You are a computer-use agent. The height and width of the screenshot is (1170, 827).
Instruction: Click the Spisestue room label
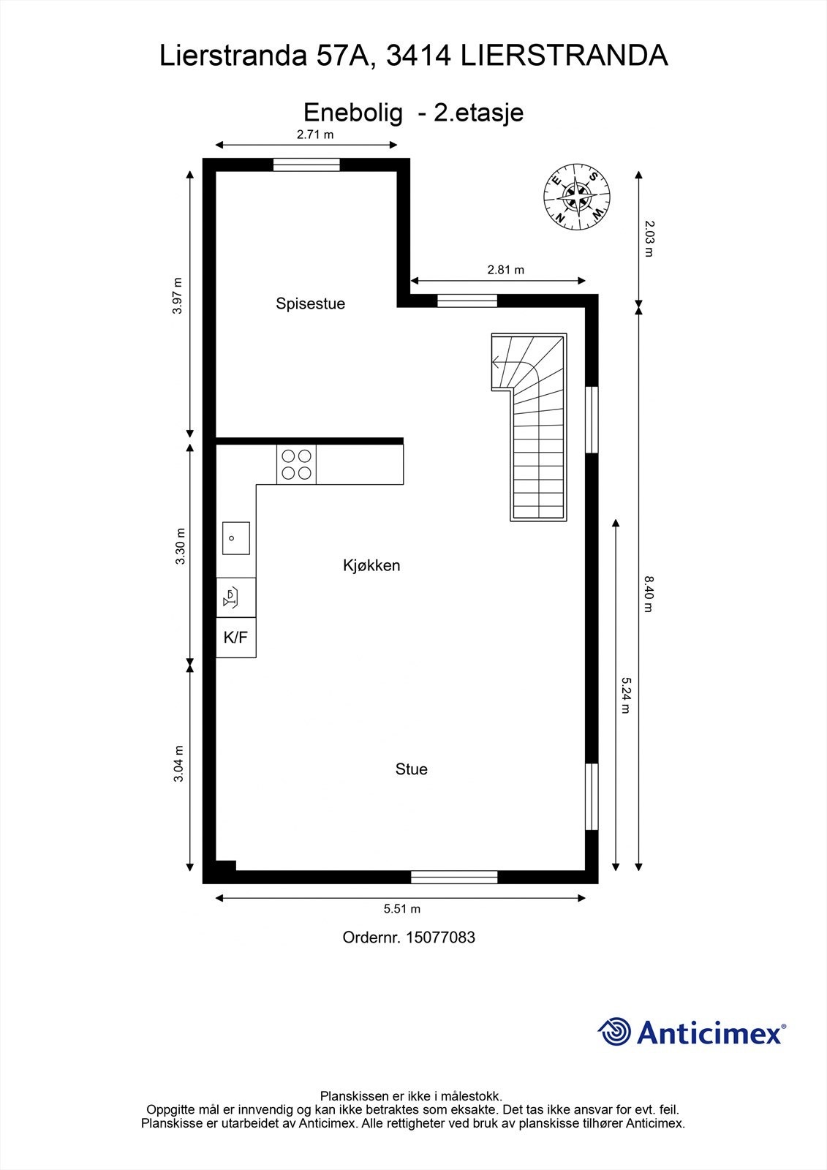(x=310, y=303)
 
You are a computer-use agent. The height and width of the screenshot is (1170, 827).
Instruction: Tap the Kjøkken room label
(x=371, y=565)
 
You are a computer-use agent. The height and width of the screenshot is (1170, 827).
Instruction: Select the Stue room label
(x=411, y=769)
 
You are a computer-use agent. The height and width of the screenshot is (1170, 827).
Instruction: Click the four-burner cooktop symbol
(x=296, y=464)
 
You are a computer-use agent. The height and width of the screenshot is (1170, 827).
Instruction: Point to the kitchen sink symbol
(x=235, y=538)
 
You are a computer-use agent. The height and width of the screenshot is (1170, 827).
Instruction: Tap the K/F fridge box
(x=235, y=638)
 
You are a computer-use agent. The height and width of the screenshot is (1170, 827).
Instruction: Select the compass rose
(x=577, y=196)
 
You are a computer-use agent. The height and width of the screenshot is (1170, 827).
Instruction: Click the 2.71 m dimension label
(x=315, y=135)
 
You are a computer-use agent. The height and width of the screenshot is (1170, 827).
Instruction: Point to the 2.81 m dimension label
(x=506, y=270)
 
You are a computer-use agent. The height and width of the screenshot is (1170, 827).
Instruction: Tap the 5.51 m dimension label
(x=402, y=909)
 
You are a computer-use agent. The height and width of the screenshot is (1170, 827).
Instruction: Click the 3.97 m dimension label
(x=177, y=295)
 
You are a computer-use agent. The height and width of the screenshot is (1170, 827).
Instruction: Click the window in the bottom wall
(x=454, y=877)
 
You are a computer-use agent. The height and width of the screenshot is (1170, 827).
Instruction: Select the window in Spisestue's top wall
(x=306, y=165)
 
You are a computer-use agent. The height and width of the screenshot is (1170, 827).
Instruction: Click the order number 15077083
(x=440, y=937)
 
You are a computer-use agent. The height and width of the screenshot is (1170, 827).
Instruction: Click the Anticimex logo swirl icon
(x=614, y=1032)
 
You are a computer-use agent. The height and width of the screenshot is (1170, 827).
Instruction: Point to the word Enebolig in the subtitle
(x=353, y=113)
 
